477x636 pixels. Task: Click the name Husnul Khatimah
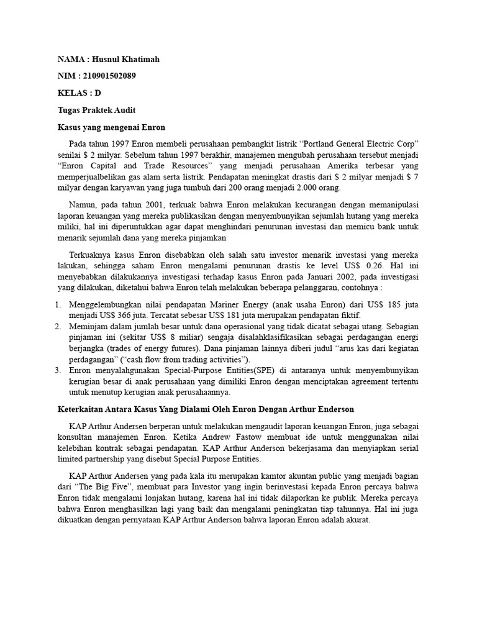pyautogui.click(x=129, y=60)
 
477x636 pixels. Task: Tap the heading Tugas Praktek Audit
pyautogui.click(x=96, y=110)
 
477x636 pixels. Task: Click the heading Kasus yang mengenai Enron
pyautogui.click(x=112, y=127)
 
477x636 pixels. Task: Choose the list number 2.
pyautogui.click(x=58, y=326)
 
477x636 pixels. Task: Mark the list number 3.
pyautogui.click(x=58, y=370)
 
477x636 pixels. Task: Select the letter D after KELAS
pyautogui.click(x=98, y=93)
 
